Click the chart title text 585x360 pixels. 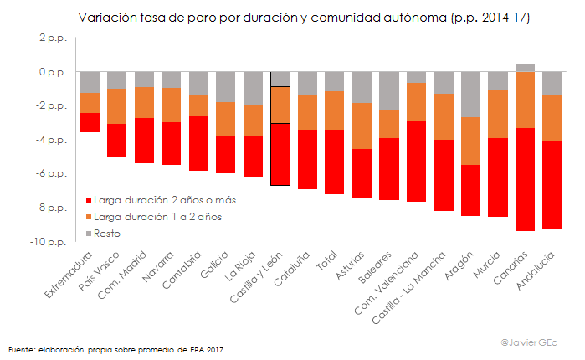click(x=304, y=17)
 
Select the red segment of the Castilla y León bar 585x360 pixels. click(x=280, y=154)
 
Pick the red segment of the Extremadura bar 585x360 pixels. click(x=90, y=122)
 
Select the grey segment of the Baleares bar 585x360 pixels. click(x=389, y=91)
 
